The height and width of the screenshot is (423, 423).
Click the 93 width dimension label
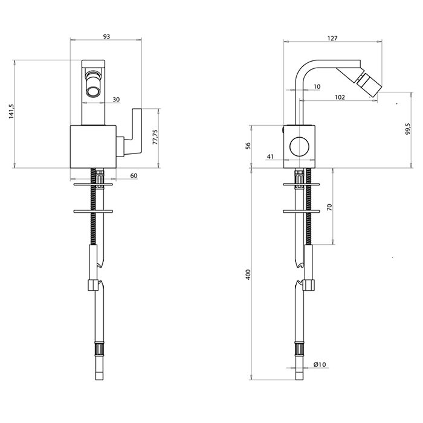(x=106, y=36)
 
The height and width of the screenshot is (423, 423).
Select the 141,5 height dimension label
(x=11, y=111)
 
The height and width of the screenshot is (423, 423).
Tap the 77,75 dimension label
(x=155, y=137)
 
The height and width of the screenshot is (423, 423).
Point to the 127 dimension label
(x=332, y=38)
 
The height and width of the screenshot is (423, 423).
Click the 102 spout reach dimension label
(x=340, y=97)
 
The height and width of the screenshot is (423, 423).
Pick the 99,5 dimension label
(x=408, y=129)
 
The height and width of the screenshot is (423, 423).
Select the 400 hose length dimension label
(x=248, y=274)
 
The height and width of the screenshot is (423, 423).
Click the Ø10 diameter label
(x=320, y=365)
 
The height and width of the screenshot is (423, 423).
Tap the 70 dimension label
(x=330, y=207)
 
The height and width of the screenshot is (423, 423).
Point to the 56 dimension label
(x=248, y=146)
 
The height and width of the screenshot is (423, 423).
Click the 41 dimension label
(x=270, y=157)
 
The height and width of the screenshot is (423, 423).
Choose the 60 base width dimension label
(x=134, y=176)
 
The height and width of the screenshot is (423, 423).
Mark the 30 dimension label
(x=116, y=100)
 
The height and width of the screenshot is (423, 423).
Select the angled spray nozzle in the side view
(x=369, y=83)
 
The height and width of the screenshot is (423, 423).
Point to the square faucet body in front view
(x=93, y=147)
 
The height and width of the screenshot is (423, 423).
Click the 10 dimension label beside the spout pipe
(x=317, y=86)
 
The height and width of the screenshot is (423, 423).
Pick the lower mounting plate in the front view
(x=93, y=211)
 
